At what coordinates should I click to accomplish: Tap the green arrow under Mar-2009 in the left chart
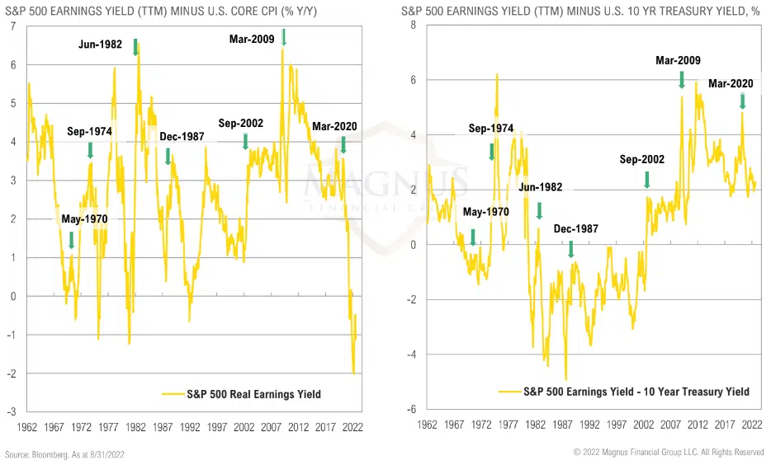click(284, 37)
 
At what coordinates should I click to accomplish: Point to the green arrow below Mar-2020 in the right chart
click(742, 101)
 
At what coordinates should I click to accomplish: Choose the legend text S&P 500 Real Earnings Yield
click(253, 394)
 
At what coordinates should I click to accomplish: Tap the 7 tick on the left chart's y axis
click(13, 26)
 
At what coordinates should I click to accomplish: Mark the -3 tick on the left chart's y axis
click(12, 411)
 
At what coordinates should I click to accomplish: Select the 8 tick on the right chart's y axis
click(414, 26)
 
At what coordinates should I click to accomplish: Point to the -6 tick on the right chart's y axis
click(411, 410)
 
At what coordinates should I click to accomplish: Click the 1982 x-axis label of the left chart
click(136, 427)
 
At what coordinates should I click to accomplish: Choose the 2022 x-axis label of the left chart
click(352, 427)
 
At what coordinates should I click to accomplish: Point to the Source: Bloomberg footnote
click(64, 454)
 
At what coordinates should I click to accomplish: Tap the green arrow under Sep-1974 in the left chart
click(89, 150)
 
